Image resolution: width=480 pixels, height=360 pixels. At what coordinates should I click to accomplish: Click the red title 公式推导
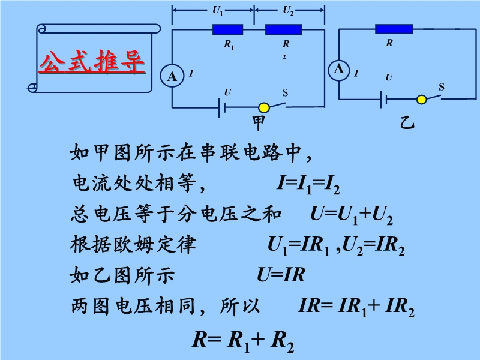pyautogui.click(x=92, y=61)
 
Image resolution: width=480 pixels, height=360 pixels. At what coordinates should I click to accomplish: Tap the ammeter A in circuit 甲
pyautogui.click(x=172, y=76)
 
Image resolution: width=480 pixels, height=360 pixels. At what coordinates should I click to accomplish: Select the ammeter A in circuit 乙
pyautogui.click(x=339, y=69)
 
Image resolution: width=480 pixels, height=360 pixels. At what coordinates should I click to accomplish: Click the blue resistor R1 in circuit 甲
pyautogui.click(x=228, y=29)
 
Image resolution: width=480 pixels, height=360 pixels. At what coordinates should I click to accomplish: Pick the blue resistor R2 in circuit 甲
pyautogui.click(x=283, y=29)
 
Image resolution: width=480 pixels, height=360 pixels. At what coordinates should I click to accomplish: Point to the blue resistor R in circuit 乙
pyautogui.click(x=394, y=28)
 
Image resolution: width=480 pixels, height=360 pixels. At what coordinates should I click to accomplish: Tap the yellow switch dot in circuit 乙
pyautogui.click(x=422, y=98)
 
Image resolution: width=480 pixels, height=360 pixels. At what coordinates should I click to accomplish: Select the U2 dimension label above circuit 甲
pyautogui.click(x=288, y=10)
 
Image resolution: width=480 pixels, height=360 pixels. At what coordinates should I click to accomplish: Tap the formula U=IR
pyautogui.click(x=281, y=276)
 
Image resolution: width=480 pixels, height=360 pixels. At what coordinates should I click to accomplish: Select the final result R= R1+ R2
pyautogui.click(x=243, y=340)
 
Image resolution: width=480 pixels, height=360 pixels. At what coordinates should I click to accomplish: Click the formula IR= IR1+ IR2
pyautogui.click(x=356, y=307)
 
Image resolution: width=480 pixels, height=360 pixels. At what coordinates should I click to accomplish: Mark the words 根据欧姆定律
pyautogui.click(x=133, y=245)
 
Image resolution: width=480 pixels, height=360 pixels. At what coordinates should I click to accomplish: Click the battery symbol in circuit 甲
pyautogui.click(x=223, y=107)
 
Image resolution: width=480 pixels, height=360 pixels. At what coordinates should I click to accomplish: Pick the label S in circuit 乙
pyautogui.click(x=441, y=87)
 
